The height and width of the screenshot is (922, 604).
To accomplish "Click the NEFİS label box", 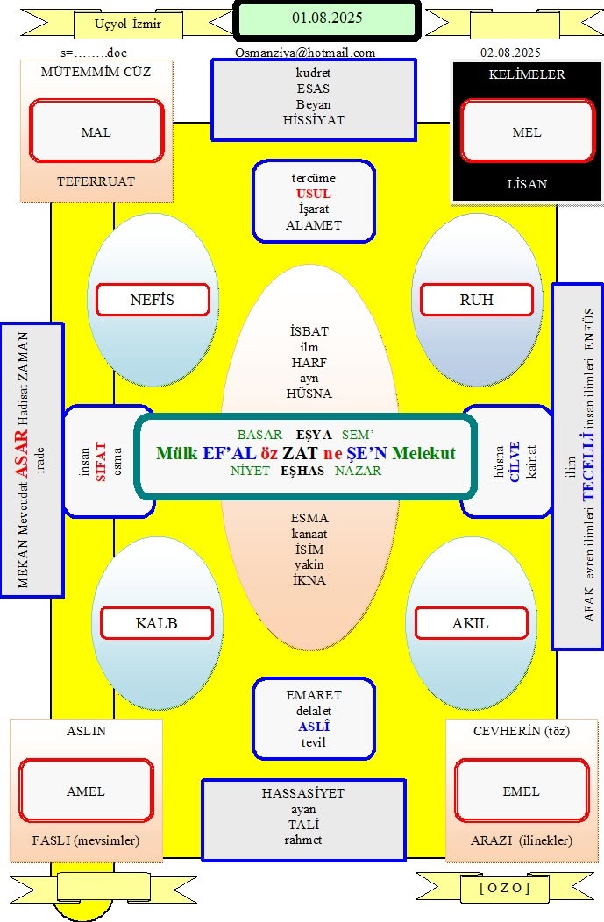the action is point(153,300).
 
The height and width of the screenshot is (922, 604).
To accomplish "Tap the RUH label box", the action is point(476,300).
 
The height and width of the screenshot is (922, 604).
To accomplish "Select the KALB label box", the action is point(156,623).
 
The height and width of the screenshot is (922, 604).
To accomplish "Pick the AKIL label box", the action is point(471,623).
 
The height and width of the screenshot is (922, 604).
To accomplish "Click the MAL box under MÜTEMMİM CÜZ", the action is point(96,131).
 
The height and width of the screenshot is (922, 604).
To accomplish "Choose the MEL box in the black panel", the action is point(528,131).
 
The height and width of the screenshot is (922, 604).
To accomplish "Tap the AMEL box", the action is point(86,791).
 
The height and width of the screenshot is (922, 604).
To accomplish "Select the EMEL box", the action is point(521,791).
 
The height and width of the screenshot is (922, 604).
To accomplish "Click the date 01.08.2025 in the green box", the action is point(327,18).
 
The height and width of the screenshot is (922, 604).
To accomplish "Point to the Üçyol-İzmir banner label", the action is point(128,25).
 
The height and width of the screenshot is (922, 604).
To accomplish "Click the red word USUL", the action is point(314,194).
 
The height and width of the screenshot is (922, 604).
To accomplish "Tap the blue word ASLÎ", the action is point(314,727).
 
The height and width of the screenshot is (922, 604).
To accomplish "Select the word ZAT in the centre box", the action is point(300,453).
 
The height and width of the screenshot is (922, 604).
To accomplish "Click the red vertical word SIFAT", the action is point(101,462).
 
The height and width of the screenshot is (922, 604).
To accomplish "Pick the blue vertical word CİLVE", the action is point(515,462).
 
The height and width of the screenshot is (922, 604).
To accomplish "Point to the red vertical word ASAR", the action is point(21,455).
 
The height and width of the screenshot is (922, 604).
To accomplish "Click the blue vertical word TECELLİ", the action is point(587,467).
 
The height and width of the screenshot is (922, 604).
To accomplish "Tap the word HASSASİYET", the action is point(303,793).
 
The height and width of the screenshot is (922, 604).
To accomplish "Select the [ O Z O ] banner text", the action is point(505,888).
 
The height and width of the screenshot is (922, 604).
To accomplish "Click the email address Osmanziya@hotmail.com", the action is point(305,53).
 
